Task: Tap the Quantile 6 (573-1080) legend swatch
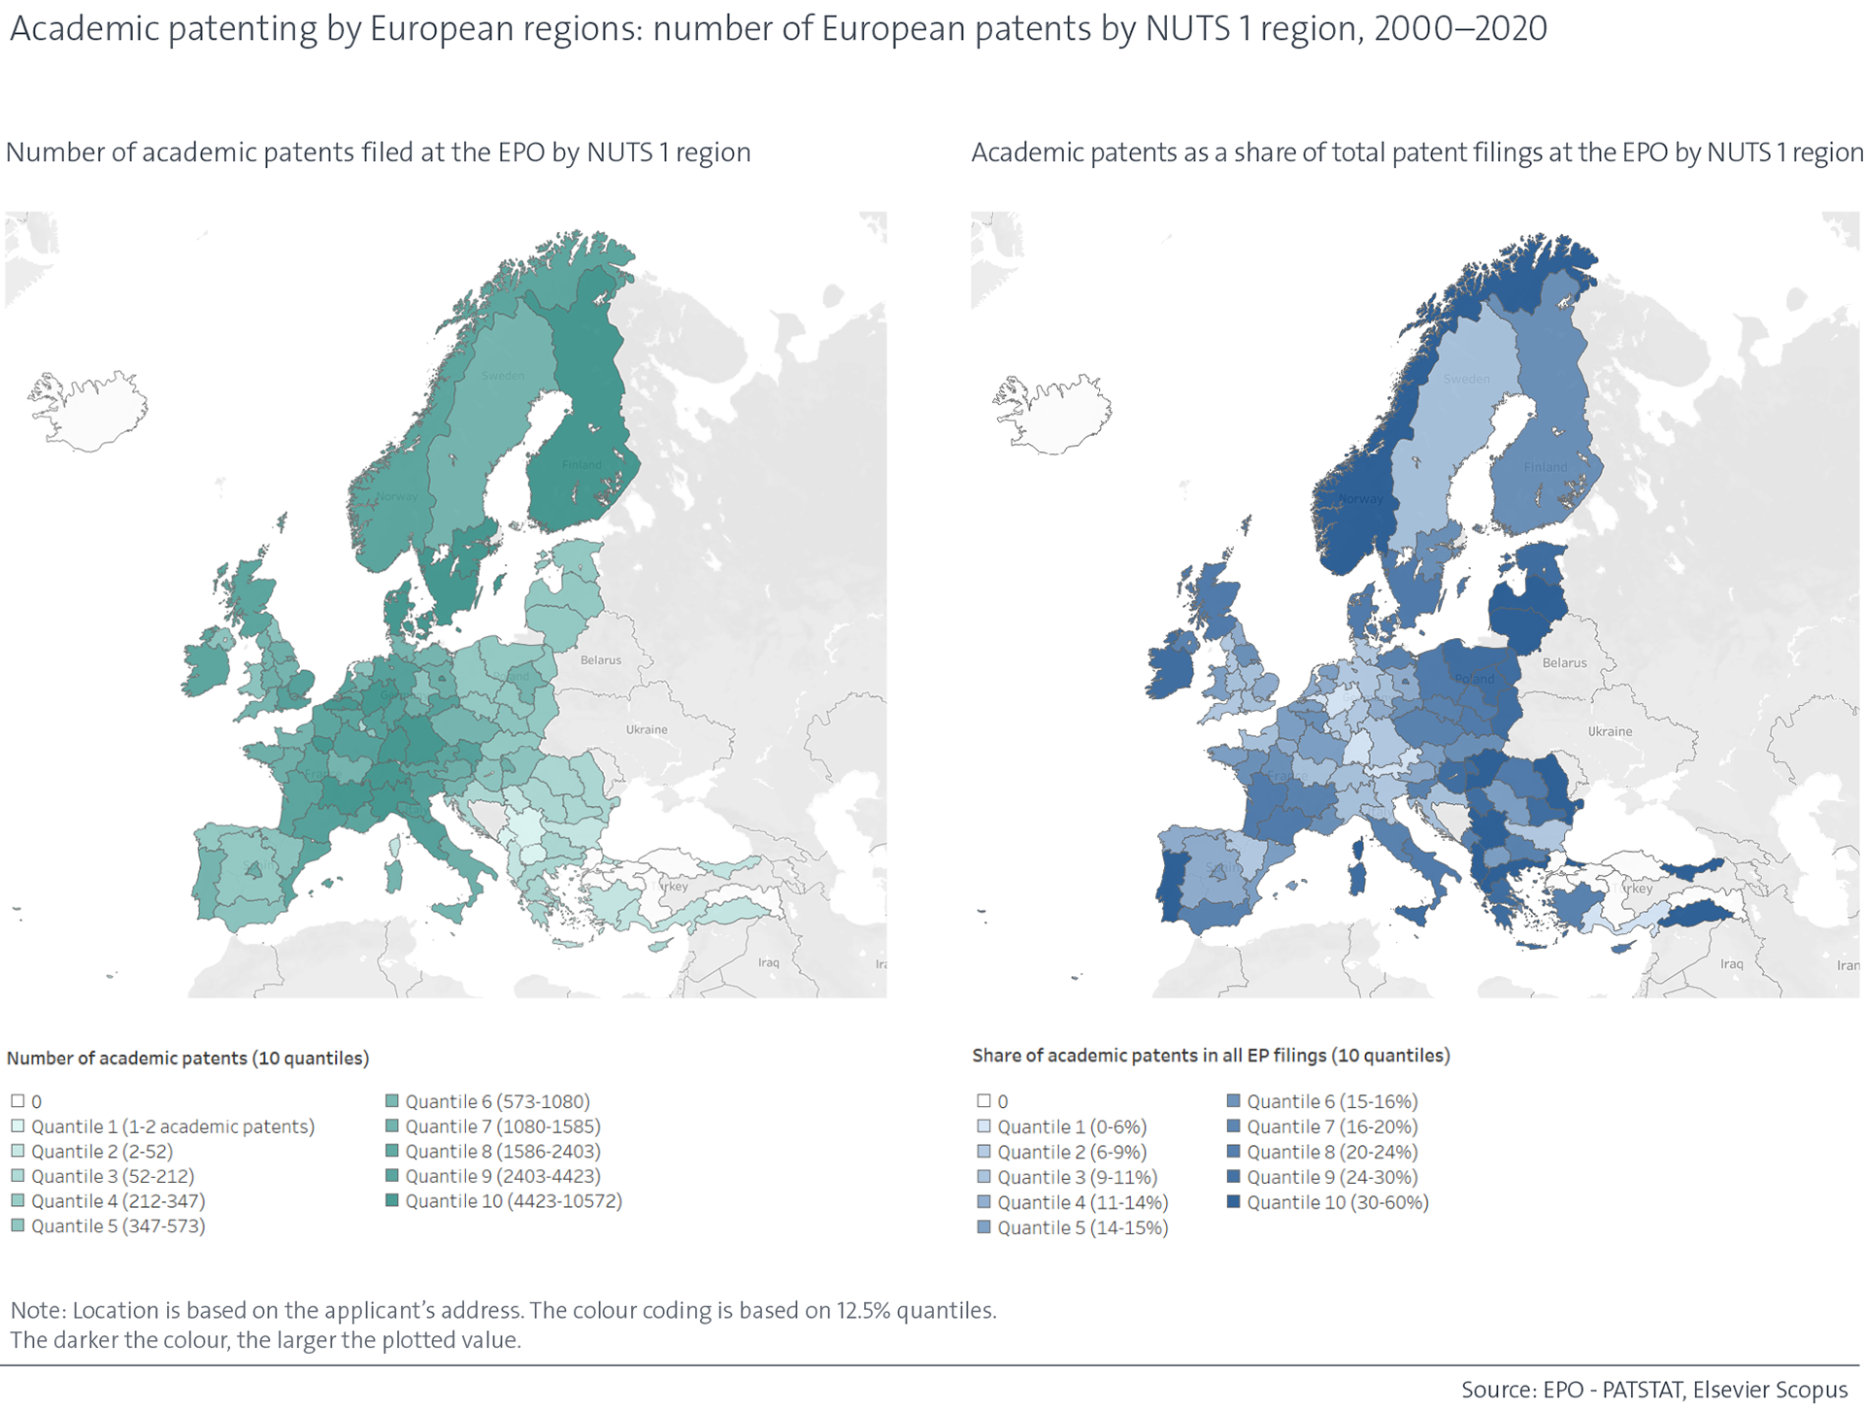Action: pyautogui.click(x=392, y=1101)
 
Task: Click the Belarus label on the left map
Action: pyautogui.click(x=600, y=660)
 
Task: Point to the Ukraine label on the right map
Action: pyautogui.click(x=1610, y=731)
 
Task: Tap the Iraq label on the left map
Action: pyautogui.click(x=768, y=962)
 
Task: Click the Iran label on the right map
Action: pyautogui.click(x=1847, y=964)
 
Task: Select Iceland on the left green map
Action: pyautogui.click(x=89, y=411)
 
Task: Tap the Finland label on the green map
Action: pyautogui.click(x=582, y=464)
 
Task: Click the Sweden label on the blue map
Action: pyautogui.click(x=1466, y=379)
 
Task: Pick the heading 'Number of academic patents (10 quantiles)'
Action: pyautogui.click(x=187, y=1058)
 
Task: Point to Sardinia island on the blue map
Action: pyautogui.click(x=1359, y=870)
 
